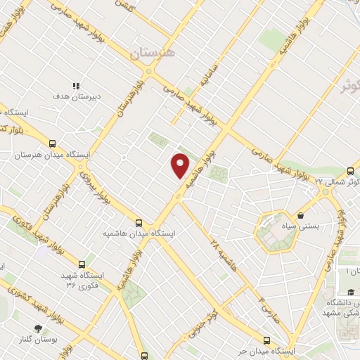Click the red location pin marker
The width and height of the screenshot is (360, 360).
point(181,165)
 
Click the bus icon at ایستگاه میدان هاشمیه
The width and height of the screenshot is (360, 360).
point(139,220)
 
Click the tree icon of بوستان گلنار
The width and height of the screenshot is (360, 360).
point(37,328)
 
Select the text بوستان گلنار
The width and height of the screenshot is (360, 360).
point(37,340)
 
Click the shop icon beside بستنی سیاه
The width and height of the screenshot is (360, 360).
point(301,215)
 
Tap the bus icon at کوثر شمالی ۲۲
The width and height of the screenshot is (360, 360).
point(350,171)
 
